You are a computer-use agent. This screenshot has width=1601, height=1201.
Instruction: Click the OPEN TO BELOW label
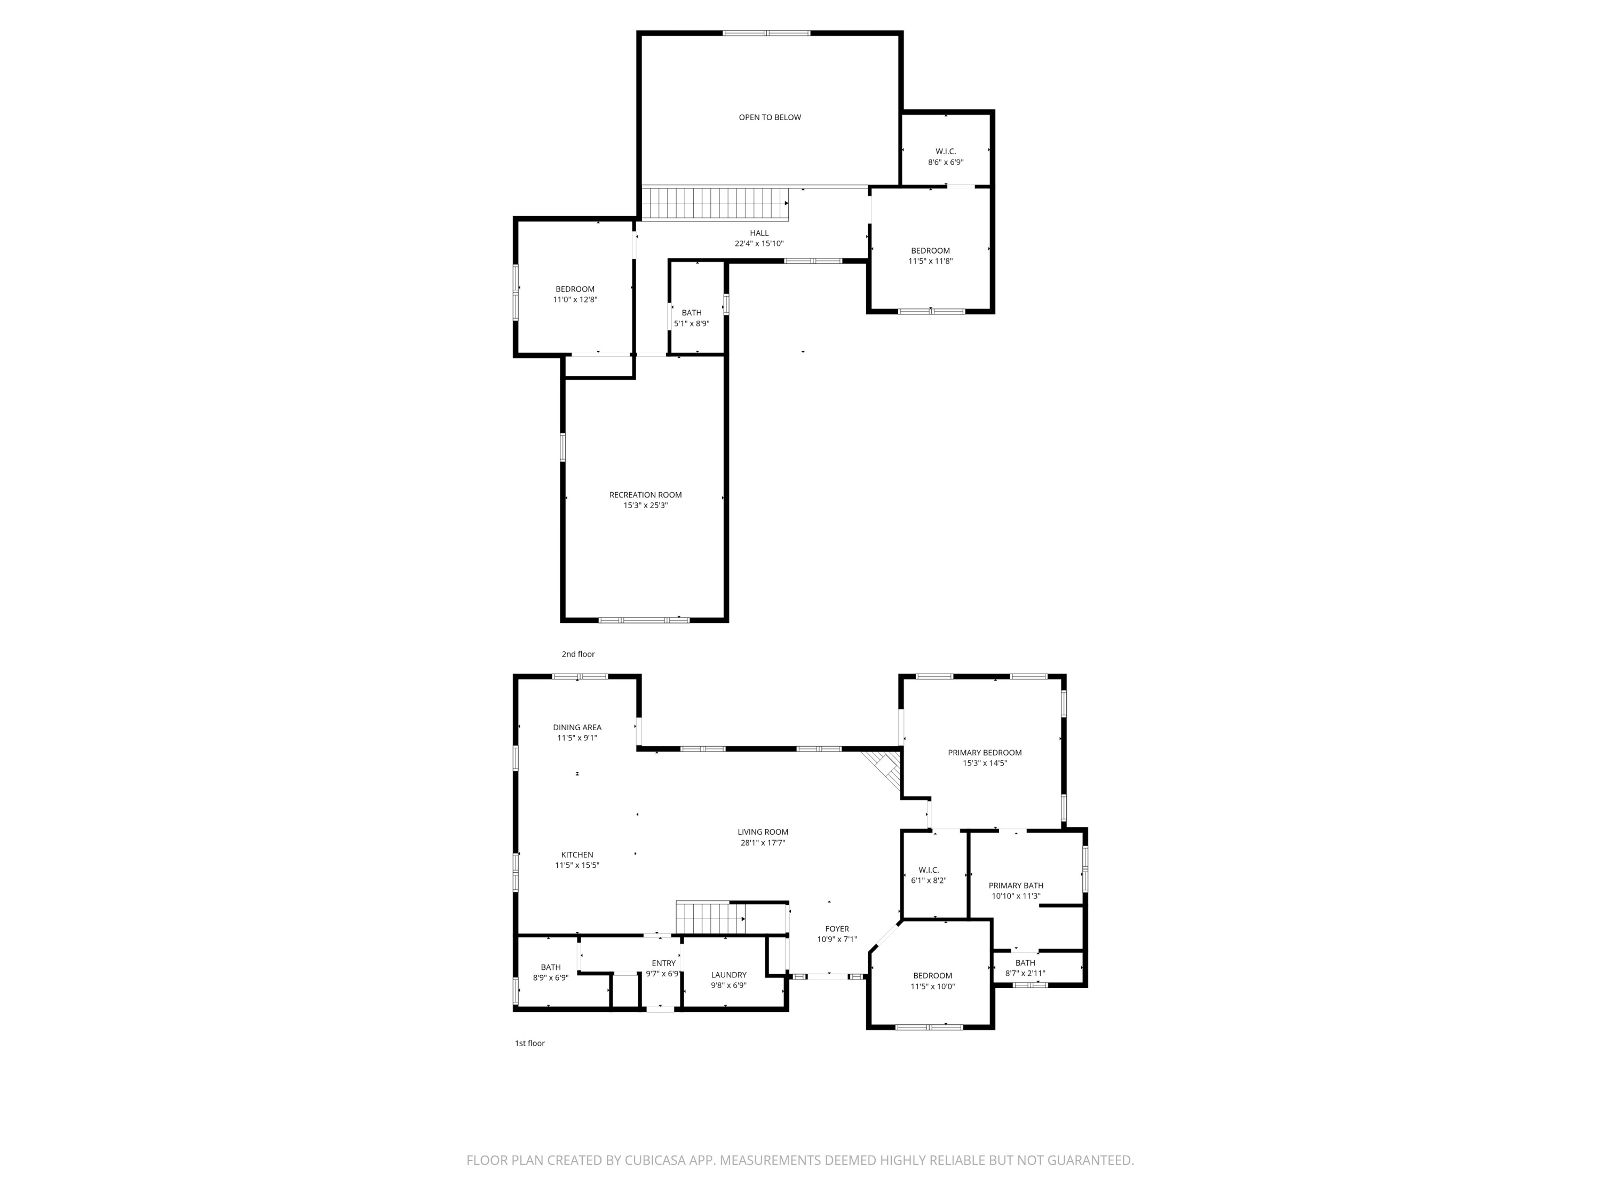(x=770, y=117)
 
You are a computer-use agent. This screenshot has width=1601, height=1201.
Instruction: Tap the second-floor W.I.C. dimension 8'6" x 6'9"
(x=945, y=162)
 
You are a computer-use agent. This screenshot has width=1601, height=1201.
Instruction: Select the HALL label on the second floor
(x=758, y=233)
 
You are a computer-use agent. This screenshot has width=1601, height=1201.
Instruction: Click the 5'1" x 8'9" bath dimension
(x=691, y=323)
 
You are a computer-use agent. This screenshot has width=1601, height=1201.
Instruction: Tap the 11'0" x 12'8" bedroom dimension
(x=575, y=299)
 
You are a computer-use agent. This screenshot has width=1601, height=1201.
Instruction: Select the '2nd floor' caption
(x=577, y=654)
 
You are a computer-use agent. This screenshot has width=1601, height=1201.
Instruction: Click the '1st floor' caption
(x=529, y=1043)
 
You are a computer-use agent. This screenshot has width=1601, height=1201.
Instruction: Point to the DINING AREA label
(x=577, y=728)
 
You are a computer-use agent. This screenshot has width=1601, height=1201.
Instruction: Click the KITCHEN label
(x=577, y=855)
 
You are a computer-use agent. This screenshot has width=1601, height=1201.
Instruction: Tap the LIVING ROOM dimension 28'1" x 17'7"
(x=762, y=843)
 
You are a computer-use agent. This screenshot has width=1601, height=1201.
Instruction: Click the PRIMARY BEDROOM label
(x=984, y=753)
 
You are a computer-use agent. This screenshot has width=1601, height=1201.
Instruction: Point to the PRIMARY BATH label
(x=1016, y=886)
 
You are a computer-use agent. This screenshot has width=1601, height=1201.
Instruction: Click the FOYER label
(x=837, y=929)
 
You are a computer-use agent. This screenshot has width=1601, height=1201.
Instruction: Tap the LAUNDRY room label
(x=728, y=975)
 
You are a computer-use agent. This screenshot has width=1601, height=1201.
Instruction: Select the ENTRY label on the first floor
(x=663, y=963)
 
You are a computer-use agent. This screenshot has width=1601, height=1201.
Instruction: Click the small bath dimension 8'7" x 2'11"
(x=1025, y=974)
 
